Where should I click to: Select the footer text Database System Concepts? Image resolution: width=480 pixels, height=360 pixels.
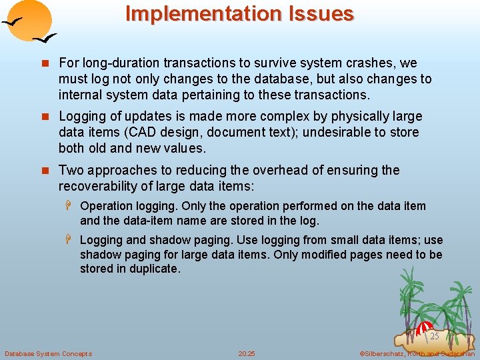click(x=48, y=353)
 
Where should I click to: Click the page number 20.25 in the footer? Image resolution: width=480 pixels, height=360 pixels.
click(x=247, y=353)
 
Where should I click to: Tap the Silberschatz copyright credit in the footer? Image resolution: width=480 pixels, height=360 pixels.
click(x=417, y=353)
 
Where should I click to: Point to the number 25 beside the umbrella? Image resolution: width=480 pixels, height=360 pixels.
click(x=434, y=336)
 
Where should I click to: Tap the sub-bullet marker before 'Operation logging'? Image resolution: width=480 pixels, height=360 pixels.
click(x=71, y=207)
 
